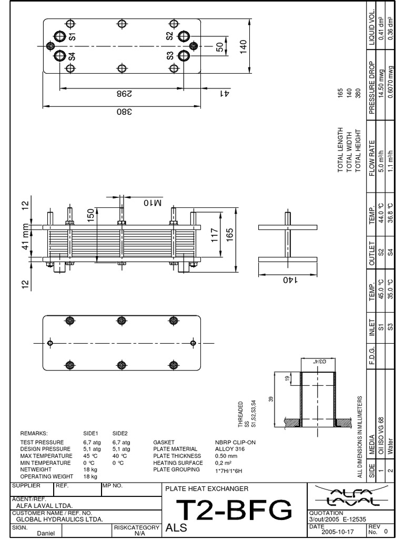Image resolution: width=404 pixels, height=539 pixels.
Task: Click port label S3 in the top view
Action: (170, 56)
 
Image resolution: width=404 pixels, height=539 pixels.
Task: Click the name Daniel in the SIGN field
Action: (45, 533)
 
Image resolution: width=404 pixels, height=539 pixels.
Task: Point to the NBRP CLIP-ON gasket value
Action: (235, 442)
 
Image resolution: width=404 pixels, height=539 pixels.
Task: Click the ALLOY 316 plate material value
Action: (230, 449)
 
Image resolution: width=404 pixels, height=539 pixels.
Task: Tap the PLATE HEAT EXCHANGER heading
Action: (207, 489)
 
